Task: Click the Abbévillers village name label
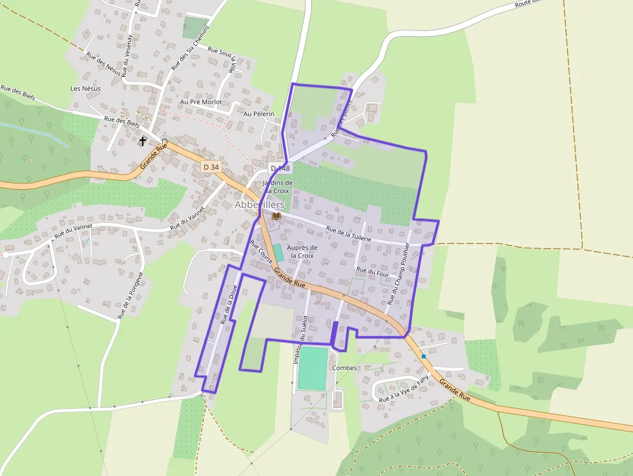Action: click(260, 204)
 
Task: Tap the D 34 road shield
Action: click(211, 167)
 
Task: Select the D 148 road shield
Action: click(280, 168)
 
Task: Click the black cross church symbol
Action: click(143, 140)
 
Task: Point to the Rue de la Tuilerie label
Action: click(349, 234)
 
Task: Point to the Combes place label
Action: click(344, 367)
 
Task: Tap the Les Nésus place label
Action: click(85, 88)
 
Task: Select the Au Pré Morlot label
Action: click(201, 102)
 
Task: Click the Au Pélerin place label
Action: click(258, 114)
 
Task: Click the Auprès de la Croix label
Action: click(302, 251)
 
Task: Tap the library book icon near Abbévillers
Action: click(276, 216)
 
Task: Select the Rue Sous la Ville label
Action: click(222, 57)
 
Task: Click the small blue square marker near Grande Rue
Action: click(424, 357)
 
